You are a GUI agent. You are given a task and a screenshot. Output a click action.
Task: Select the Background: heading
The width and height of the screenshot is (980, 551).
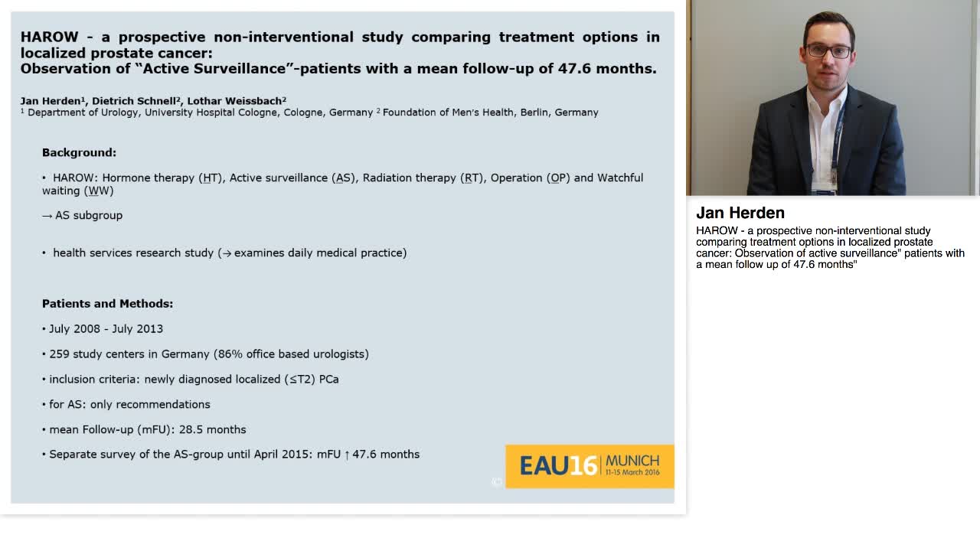[79, 152]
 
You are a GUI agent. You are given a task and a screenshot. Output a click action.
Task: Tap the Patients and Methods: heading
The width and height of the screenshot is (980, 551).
[107, 304]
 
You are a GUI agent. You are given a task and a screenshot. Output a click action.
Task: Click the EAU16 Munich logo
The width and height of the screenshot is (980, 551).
[589, 465]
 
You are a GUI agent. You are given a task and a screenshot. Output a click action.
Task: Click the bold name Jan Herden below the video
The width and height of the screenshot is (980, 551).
[740, 213]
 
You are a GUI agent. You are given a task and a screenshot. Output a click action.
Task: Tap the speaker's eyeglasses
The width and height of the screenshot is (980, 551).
[828, 51]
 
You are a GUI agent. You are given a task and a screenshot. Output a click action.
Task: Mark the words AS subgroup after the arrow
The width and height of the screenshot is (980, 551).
[88, 215]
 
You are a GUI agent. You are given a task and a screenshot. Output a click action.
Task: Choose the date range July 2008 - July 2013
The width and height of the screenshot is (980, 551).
[106, 328]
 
